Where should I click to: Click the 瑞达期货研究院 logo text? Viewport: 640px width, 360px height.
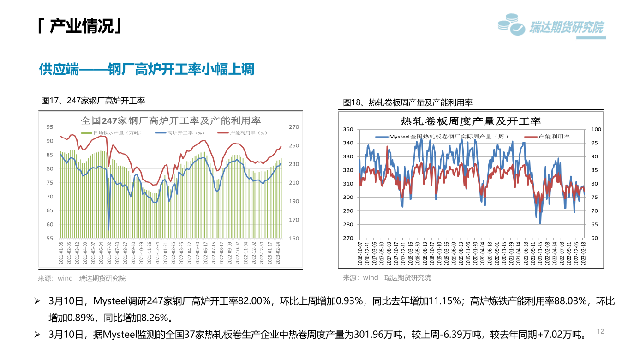coord(566,28)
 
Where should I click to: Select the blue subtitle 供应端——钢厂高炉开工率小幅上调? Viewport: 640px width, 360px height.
coord(146,70)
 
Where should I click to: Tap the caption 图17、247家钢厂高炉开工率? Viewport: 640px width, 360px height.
coord(93,100)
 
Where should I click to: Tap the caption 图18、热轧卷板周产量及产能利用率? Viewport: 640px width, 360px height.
coord(407,102)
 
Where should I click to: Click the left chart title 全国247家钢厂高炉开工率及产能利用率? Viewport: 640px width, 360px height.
coord(171,120)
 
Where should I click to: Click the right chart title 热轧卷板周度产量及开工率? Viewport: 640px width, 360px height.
coord(471,121)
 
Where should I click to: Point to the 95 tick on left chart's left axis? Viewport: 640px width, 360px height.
coord(50,126)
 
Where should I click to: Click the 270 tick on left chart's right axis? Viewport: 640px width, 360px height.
coord(293,127)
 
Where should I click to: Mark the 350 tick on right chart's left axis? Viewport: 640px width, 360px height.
coord(348,129)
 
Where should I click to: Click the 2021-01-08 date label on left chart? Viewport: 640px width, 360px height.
coord(61,253)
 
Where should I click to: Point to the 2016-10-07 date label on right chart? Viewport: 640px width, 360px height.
coord(360,253)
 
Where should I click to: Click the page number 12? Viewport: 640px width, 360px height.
coord(600,331)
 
